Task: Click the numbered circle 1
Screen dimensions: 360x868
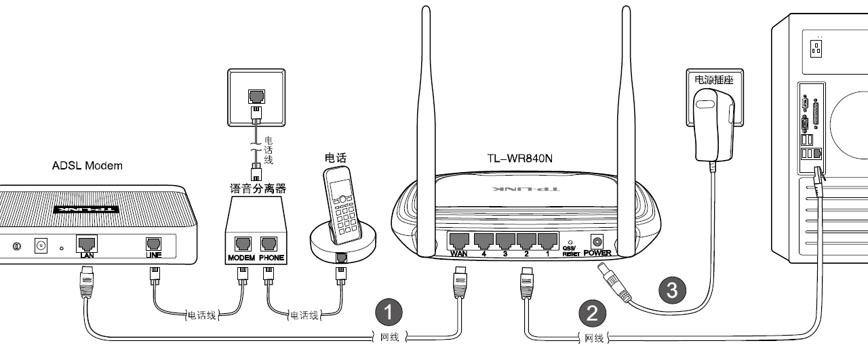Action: point(389,313)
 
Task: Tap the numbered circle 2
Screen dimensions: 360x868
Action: point(592,313)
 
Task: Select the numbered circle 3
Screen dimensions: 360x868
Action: point(672,290)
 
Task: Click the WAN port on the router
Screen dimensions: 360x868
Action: point(459,240)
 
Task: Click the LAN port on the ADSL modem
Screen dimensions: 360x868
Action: point(86,243)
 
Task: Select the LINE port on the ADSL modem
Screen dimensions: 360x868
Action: point(154,244)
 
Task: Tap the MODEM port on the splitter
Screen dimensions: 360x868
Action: point(241,245)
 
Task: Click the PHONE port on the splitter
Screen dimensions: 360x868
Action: point(271,245)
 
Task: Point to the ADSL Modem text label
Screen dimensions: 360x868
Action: point(87,165)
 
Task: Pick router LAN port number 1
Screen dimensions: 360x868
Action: point(547,240)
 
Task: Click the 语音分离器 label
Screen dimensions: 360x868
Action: point(258,188)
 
